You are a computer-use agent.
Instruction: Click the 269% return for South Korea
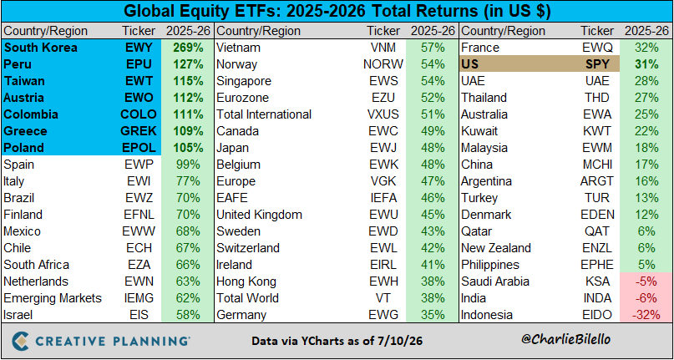pyautogui.click(x=188, y=48)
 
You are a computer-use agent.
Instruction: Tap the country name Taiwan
pyautogui.click(x=24, y=81)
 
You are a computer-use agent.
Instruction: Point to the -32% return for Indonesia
pyautogui.click(x=646, y=315)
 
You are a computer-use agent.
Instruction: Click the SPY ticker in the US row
pyautogui.click(x=597, y=64)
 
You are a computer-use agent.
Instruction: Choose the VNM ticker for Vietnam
pyautogui.click(x=383, y=48)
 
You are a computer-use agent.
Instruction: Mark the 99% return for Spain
pyautogui.click(x=188, y=165)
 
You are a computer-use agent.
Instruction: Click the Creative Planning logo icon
pyautogui.click(x=21, y=340)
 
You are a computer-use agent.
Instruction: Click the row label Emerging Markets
pyautogui.click(x=53, y=298)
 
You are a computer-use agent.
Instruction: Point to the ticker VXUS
pyautogui.click(x=383, y=114)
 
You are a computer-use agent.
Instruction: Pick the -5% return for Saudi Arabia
pyautogui.click(x=646, y=281)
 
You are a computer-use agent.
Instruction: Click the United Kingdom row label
pyautogui.click(x=259, y=215)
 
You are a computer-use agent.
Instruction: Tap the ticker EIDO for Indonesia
pyautogui.click(x=597, y=315)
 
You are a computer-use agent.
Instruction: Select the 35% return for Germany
pyautogui.click(x=433, y=315)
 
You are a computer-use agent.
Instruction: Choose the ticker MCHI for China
pyautogui.click(x=597, y=165)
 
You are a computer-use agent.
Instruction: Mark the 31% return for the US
pyautogui.click(x=646, y=64)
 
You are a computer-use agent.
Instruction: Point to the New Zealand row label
pyautogui.click(x=496, y=248)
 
